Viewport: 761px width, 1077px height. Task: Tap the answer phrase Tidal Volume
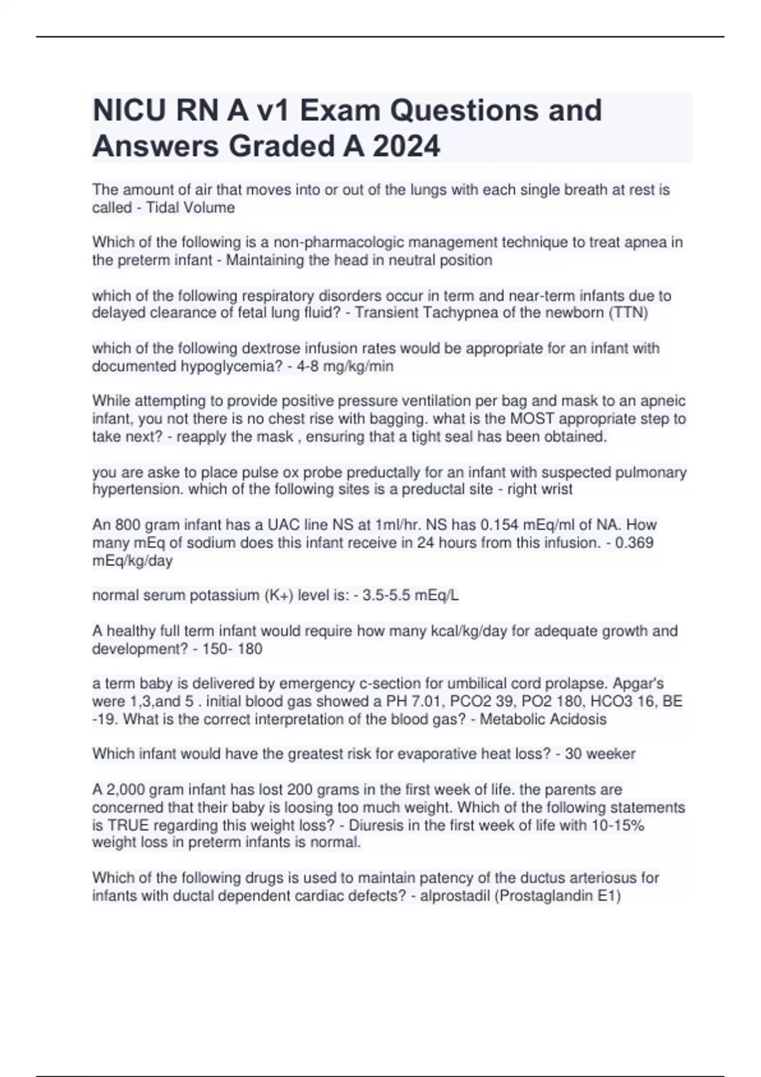[x=190, y=208]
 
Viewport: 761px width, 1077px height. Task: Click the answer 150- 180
[x=232, y=649]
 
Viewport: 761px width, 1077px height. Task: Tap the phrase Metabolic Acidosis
[x=543, y=719]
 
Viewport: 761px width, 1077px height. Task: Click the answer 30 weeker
[x=599, y=754]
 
